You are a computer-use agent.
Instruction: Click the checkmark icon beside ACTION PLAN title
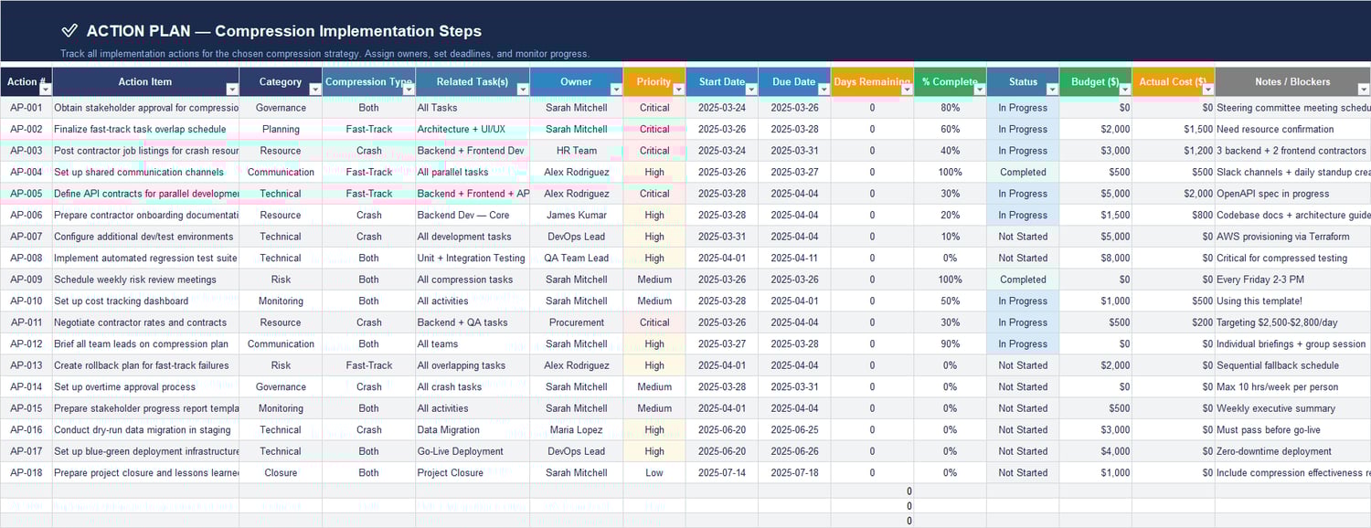coord(69,31)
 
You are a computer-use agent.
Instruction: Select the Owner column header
coord(576,81)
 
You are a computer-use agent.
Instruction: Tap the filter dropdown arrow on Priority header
coord(678,90)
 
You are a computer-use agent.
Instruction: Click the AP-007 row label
coord(27,237)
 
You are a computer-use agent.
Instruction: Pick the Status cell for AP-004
coord(1023,172)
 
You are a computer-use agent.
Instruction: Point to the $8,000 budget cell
coord(1095,258)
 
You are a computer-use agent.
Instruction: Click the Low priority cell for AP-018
coord(654,472)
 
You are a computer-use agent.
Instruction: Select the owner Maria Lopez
coord(576,429)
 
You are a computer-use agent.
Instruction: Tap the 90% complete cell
coord(950,343)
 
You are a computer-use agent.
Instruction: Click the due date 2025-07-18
coord(793,472)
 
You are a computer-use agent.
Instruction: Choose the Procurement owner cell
coord(576,322)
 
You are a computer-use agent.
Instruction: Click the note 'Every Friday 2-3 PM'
coord(1259,280)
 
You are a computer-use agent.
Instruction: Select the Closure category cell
coord(281,472)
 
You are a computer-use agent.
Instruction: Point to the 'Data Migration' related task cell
coord(448,429)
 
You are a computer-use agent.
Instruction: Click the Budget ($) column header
coord(1094,81)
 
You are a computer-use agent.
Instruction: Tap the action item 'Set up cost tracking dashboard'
coord(121,301)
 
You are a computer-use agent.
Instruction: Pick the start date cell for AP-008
coord(721,258)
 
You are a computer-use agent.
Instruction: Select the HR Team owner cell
coord(576,151)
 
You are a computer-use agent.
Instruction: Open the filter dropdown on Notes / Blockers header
coord(1364,90)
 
